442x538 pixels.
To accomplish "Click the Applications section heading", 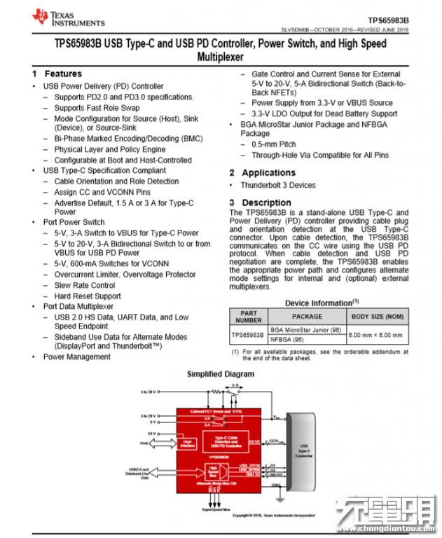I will (268, 172).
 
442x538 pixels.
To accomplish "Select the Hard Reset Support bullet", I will (89, 296).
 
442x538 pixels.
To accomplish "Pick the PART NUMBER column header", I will (248, 317).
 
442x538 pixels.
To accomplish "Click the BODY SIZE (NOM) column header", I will (378, 317).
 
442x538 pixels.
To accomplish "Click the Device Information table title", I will (317, 303).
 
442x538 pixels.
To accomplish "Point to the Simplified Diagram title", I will (220, 374).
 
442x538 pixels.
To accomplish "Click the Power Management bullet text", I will (76, 357).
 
